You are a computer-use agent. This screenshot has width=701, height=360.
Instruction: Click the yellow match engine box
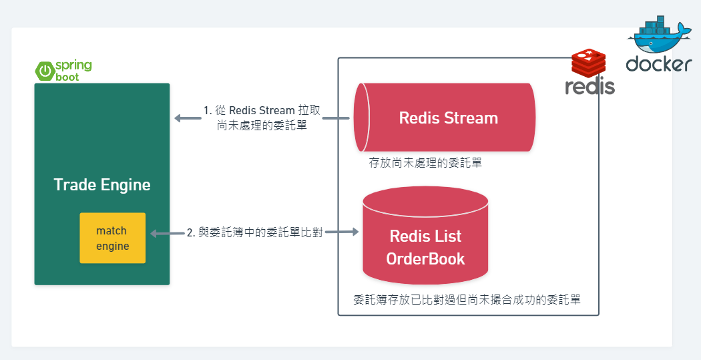112,238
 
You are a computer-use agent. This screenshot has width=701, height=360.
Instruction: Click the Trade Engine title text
102,184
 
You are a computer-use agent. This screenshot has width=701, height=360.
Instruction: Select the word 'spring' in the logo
73,65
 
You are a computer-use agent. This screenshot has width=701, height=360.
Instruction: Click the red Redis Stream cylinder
445,118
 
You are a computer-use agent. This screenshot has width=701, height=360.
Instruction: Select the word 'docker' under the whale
658,64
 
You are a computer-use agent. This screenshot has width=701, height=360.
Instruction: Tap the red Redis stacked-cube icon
588,63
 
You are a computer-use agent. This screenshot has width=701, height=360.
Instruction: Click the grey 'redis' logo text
590,86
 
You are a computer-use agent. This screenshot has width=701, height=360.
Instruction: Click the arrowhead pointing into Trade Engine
178,118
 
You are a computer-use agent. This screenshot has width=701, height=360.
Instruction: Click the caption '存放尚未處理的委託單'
425,162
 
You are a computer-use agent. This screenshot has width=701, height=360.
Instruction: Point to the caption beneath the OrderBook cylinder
467,300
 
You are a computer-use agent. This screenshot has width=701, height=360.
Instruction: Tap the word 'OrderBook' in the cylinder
425,258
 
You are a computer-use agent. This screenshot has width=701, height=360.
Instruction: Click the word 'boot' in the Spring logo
67,77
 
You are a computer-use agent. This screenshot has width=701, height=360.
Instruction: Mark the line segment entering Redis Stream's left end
337,118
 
